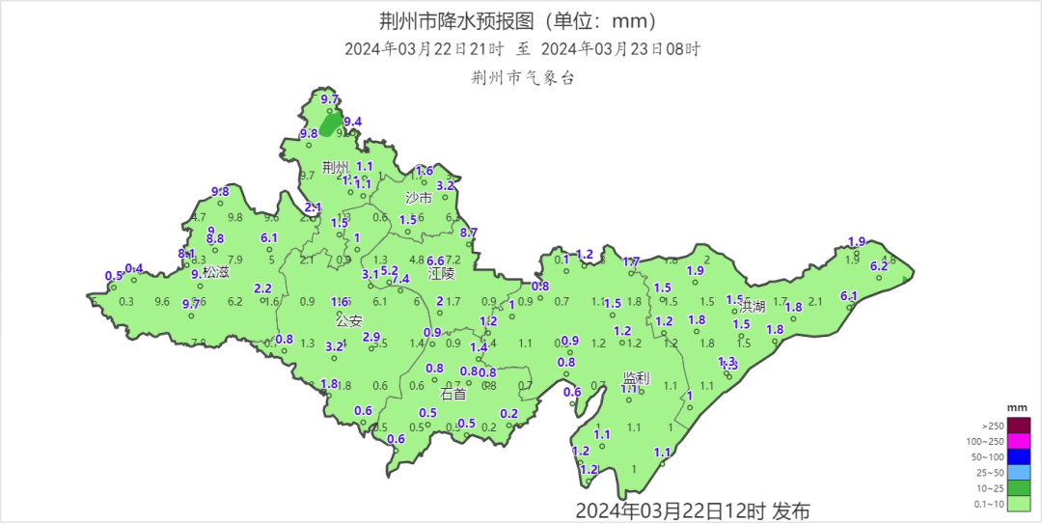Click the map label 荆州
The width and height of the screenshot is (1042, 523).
(x=335, y=167)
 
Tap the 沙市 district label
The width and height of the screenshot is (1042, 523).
(x=418, y=198)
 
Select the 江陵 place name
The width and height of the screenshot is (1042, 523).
(x=441, y=274)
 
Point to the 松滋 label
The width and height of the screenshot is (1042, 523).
(x=216, y=272)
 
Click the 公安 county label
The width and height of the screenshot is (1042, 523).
(x=348, y=319)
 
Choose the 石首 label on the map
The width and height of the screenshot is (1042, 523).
(x=452, y=394)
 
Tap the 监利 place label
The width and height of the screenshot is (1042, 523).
(x=636, y=378)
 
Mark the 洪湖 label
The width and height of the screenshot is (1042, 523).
(x=752, y=306)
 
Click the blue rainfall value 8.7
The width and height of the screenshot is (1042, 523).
(x=469, y=233)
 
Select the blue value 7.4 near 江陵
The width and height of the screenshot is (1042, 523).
(x=400, y=279)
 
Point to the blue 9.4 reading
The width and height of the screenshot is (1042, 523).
(x=353, y=122)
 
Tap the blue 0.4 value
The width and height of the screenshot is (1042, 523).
(x=134, y=268)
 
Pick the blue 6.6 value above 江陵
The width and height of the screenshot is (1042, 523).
(x=435, y=261)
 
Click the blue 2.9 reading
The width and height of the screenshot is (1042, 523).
(x=371, y=336)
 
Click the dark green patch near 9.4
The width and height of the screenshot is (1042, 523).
(x=331, y=124)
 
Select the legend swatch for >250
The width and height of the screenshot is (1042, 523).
(x=1020, y=426)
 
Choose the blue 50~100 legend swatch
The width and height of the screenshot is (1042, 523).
(x=1020, y=456)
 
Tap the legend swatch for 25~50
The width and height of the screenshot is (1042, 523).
(x=1020, y=472)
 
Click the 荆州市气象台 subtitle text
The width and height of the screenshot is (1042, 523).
(x=522, y=78)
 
